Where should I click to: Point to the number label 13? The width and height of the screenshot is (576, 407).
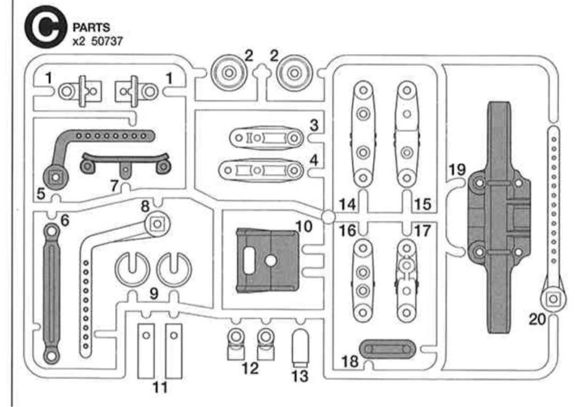point(300,377)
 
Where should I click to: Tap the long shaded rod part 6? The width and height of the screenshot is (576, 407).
point(51,293)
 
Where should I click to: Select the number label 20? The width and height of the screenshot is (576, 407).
point(537,319)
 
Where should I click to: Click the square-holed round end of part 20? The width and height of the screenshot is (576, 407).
point(552,298)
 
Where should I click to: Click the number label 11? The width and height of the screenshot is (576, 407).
point(160,387)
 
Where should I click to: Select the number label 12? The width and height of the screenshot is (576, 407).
point(250,368)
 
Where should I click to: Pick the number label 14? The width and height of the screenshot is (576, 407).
point(347,204)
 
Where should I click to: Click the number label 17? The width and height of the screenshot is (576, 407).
point(422,231)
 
